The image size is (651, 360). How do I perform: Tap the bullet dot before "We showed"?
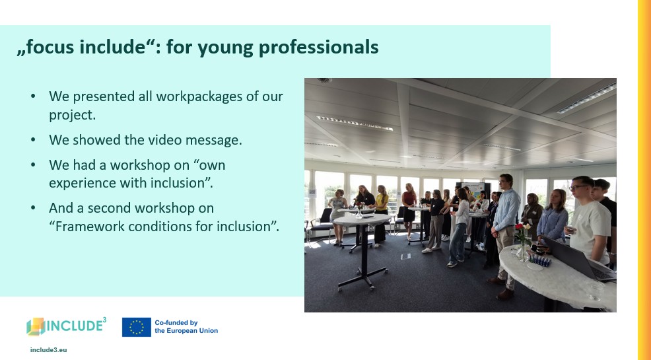pos(33,140)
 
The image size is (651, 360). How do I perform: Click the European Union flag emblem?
pos(137,327)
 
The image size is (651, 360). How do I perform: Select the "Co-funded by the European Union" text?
pos(186,327)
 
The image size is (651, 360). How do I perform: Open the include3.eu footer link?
pos(49,350)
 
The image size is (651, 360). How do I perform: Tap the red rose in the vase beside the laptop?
pos(518,227)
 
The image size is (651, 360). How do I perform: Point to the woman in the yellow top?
pos(382,215)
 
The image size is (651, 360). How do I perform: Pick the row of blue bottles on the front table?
pos(539,261)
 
